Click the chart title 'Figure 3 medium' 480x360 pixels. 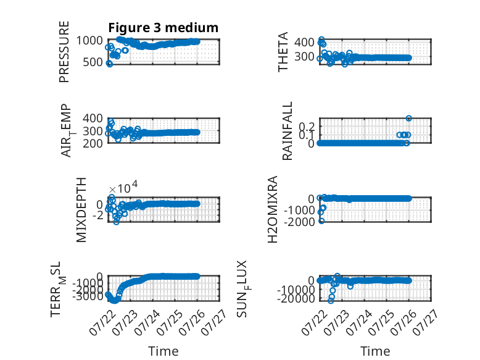point(163,28)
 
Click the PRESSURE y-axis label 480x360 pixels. point(64,52)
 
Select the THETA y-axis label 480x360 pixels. point(283,52)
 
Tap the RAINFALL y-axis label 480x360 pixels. point(287,131)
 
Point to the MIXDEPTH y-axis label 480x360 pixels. point(81,210)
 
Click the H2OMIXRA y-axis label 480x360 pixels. point(273,209)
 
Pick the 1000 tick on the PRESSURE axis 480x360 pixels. point(89,40)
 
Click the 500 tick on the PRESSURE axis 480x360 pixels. point(93,62)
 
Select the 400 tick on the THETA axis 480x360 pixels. point(305,42)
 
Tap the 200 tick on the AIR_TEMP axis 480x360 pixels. point(93,143)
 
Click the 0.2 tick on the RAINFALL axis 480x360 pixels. point(307,127)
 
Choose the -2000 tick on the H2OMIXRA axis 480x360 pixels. point(299,222)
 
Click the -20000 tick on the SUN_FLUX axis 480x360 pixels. point(296,298)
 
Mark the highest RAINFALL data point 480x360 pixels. point(408,119)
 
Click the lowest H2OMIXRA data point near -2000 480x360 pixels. point(321,221)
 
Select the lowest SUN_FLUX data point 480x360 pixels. point(331,301)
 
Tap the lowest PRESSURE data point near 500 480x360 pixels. point(109,64)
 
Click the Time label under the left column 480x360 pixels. point(163,351)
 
